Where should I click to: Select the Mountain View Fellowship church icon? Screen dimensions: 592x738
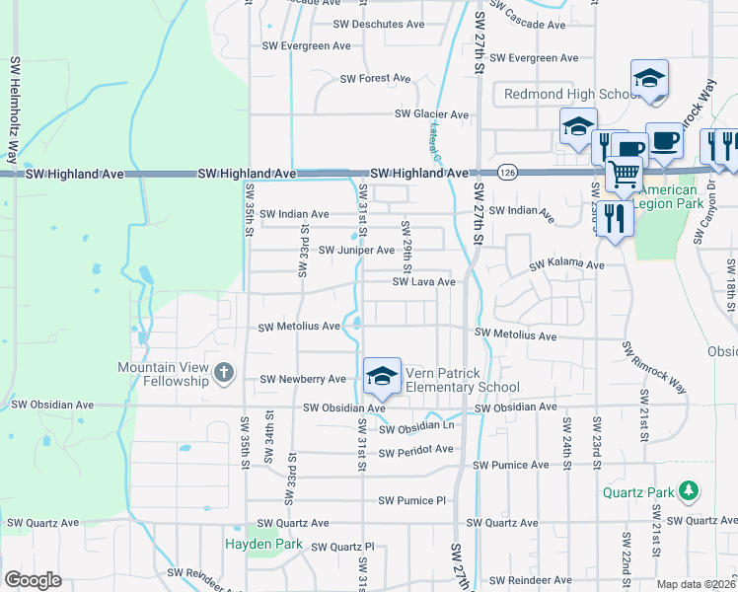(224, 372)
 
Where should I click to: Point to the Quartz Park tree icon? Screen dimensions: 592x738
(689, 490)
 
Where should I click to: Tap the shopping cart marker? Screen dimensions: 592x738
(623, 175)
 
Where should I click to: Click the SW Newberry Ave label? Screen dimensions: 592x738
(303, 379)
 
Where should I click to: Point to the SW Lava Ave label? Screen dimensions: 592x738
(424, 282)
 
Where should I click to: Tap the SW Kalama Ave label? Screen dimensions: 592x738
(566, 265)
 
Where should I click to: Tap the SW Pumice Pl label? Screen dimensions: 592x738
(418, 500)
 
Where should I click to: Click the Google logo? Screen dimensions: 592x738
(33, 580)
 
